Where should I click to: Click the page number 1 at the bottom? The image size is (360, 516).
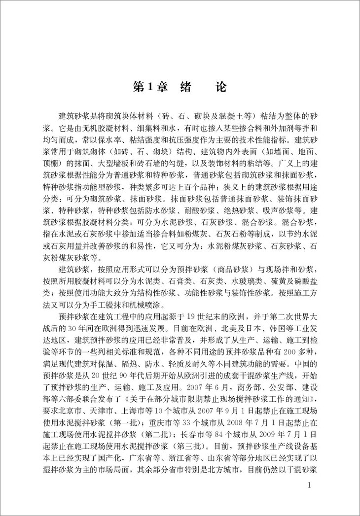[x=309, y=485]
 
